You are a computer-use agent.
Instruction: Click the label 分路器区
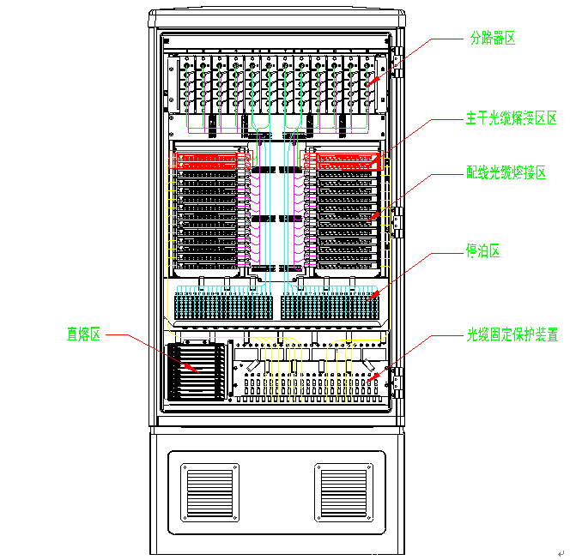pyautogui.click(x=492, y=39)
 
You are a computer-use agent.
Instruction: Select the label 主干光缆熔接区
pyautogui.click(x=512, y=117)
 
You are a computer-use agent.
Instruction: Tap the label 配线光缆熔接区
pyautogui.click(x=506, y=173)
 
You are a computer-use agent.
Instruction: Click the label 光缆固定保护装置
pyautogui.click(x=512, y=334)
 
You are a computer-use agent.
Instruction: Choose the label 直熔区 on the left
pyautogui.click(x=84, y=334)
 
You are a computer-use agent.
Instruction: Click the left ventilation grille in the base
pyautogui.click(x=209, y=491)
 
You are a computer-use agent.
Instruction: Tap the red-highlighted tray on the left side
pyautogui.click(x=210, y=160)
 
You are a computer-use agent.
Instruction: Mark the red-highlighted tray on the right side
pyautogui.click(x=347, y=160)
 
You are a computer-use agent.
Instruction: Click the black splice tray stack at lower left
pyautogui.click(x=197, y=371)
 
